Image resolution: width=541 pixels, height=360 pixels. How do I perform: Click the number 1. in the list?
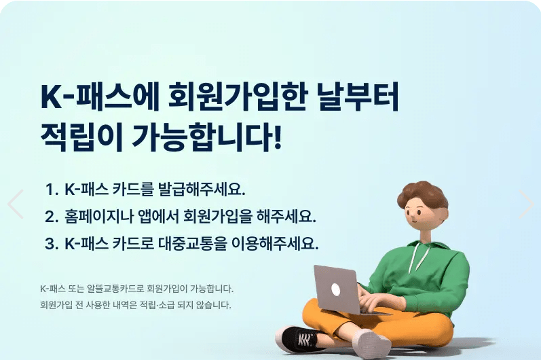52,188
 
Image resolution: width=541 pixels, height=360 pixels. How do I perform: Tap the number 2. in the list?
52,216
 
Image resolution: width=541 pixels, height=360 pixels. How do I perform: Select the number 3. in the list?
52,243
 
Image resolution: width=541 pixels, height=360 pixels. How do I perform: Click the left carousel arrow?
15,204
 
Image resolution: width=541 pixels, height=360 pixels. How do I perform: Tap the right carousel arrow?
526,204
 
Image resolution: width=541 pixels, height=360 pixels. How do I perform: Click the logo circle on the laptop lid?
335,288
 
